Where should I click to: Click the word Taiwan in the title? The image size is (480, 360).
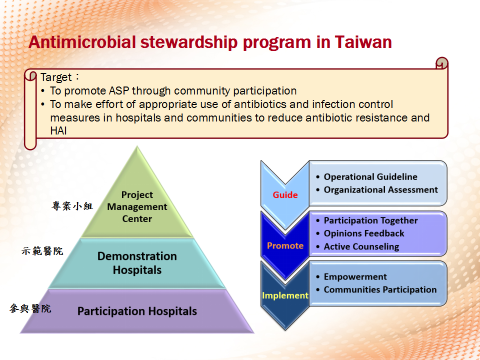pos(363,42)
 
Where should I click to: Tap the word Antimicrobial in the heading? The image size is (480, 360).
pos(82,42)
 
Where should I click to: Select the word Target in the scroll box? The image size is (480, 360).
pos(56,77)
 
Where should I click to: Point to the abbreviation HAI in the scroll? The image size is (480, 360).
pos(58,131)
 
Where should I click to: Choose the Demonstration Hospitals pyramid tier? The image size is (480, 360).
pos(137,263)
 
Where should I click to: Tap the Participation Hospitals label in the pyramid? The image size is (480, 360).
pos(137,311)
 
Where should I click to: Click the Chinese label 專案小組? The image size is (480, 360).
pos(72,205)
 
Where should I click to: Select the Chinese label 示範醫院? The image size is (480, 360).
pos(42,251)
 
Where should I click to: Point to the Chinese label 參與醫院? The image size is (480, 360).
pos(30,308)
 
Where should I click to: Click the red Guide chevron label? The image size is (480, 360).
pos(285,194)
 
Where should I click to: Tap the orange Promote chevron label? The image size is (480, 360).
pos(285,245)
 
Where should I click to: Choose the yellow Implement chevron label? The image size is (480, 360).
pos(285,295)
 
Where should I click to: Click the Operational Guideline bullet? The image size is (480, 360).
pos(367,176)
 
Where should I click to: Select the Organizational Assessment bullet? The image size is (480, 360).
pos(377,190)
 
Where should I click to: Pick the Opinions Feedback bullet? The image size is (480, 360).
pos(360,233)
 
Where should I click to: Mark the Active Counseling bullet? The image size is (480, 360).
pos(357,246)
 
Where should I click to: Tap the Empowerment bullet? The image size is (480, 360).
pos(351,276)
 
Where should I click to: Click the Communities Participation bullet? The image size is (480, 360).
pos(376,289)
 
